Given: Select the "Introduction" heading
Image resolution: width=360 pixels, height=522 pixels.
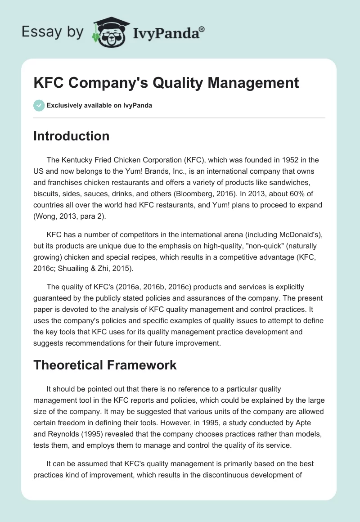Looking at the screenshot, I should [71, 136].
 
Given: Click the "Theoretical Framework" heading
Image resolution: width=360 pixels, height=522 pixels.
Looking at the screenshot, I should [105, 365].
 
